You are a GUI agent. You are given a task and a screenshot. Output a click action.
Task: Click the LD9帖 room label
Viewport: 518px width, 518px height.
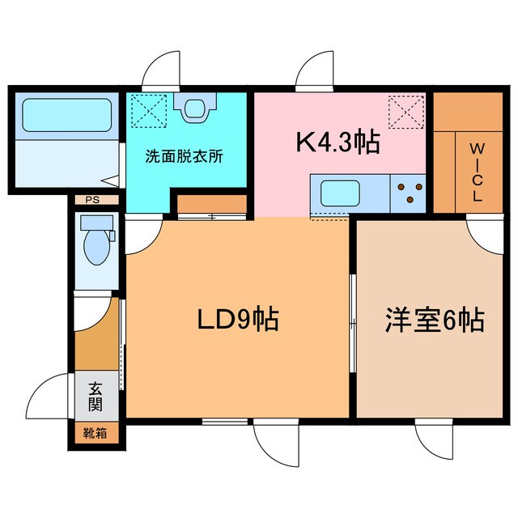(238, 320)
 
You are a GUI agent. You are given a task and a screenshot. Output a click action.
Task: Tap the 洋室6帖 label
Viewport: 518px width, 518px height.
(434, 321)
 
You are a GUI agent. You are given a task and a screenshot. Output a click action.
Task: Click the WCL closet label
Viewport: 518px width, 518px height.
(477, 172)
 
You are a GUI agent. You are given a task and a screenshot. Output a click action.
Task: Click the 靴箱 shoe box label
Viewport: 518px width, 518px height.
(95, 432)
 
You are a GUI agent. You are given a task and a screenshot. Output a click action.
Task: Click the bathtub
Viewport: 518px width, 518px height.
(66, 116)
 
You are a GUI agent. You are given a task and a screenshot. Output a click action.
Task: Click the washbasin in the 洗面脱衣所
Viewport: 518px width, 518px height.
(197, 108)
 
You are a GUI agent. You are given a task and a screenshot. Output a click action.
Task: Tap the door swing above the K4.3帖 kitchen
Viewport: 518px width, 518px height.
(314, 73)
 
